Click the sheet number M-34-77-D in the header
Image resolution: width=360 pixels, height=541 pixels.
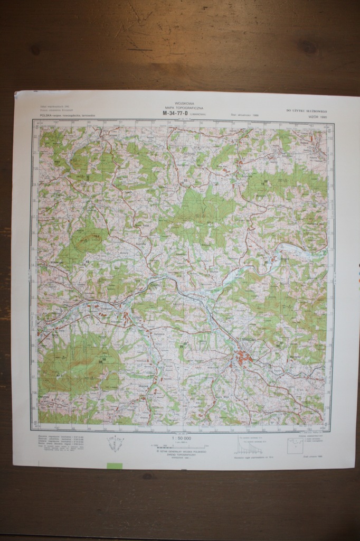pos(176,113)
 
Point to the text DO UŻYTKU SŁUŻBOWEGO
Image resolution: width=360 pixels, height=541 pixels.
pos(307,110)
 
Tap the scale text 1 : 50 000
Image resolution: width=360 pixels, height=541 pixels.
pos(181,438)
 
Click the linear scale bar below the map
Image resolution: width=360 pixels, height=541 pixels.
pos(181,446)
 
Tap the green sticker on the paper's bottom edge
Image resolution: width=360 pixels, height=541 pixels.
pos(114,465)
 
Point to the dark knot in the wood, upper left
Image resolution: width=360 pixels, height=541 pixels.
pos(35,50)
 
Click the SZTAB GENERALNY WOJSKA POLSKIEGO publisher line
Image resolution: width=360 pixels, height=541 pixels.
pos(181,451)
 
